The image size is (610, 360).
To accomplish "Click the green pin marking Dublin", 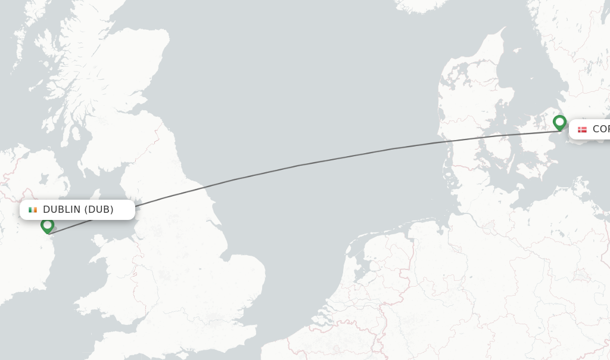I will [47, 225].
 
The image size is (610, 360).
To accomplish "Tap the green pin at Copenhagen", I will [559, 122].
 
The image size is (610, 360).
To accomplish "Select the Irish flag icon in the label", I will [33, 210].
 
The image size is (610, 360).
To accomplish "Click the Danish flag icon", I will [582, 129].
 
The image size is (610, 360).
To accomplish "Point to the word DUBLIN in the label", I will [62, 210].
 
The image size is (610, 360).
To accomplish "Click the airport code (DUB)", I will [99, 210].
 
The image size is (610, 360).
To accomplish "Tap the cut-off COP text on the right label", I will [600, 129].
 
